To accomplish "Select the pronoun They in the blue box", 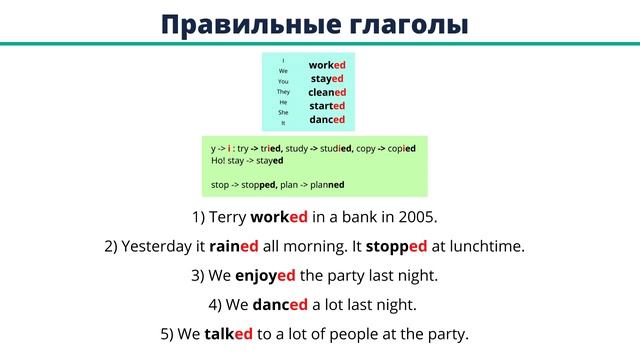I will pyautogui.click(x=283, y=92).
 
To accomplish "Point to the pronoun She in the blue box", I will pyautogui.click(x=283, y=113).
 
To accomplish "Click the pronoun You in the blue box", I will pyautogui.click(x=283, y=81).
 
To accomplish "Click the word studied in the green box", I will pyautogui.click(x=333, y=148).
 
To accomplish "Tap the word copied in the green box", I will pyautogui.click(x=397, y=148).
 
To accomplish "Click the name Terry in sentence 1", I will pyautogui.click(x=227, y=216).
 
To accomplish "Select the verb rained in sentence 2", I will pyautogui.click(x=234, y=246).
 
